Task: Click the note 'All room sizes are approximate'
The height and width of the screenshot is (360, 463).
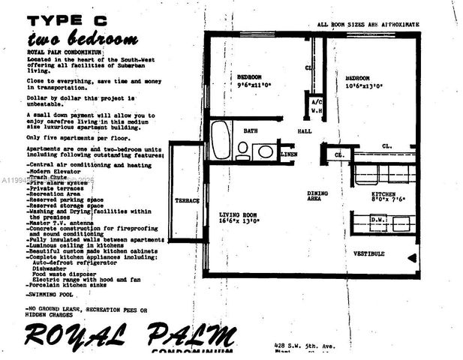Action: pos(367,25)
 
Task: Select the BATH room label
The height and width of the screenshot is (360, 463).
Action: pos(250,130)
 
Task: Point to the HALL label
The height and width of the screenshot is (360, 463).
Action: pos(304,131)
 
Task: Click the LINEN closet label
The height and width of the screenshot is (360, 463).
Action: pos(288,154)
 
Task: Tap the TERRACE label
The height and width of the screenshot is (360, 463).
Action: pos(187,201)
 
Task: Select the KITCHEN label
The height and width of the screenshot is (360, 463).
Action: pos(389,193)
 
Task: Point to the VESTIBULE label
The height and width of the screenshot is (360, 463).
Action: pos(369,253)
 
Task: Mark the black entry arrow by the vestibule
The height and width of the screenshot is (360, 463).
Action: pos(412,258)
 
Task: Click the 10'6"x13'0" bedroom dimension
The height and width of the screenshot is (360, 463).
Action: pos(365,85)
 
